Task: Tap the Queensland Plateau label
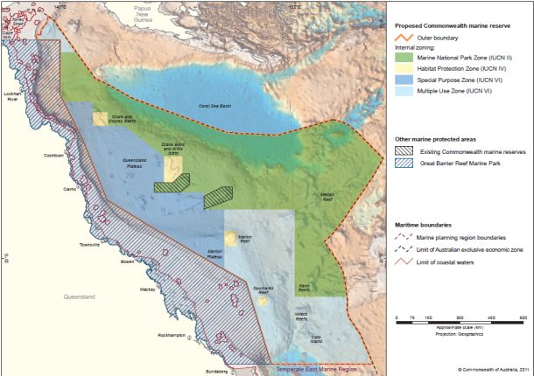(x=123, y=162)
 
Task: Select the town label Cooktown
(x=55, y=156)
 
